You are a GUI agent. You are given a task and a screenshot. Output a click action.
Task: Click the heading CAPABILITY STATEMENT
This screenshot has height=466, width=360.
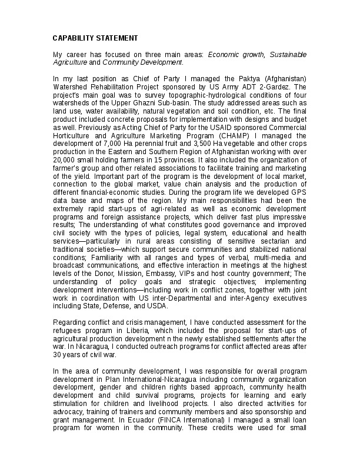pyautogui.click(x=95, y=38)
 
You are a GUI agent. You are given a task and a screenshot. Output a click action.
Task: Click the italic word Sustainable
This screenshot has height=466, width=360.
pyautogui.click(x=287, y=54)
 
